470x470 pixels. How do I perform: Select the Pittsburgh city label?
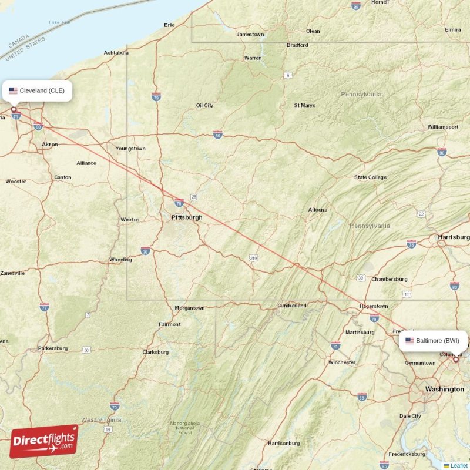pos(187,217)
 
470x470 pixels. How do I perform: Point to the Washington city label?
pos(444,389)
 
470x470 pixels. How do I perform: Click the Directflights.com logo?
pos(44,441)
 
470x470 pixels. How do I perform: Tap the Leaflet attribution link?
pos(459,465)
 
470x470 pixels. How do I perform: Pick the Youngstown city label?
pos(130,149)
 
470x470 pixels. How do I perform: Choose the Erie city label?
pos(170,25)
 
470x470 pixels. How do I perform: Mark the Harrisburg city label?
pos(454,237)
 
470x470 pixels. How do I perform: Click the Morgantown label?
pos(190,308)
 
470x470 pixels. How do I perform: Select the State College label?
pos(370,177)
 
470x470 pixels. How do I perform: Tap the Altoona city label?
pos(318,210)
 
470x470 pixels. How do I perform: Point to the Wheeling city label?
pos(120,260)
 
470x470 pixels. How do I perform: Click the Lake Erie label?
pos(59,22)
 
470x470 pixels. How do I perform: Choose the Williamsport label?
pos(443,127)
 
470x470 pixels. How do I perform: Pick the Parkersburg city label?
pos(53,348)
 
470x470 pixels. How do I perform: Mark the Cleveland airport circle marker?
pos(14,109)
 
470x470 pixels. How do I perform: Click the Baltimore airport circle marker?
pos(455,359)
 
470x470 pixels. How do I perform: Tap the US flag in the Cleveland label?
pos(13,90)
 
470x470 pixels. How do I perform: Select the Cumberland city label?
pos(292,305)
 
